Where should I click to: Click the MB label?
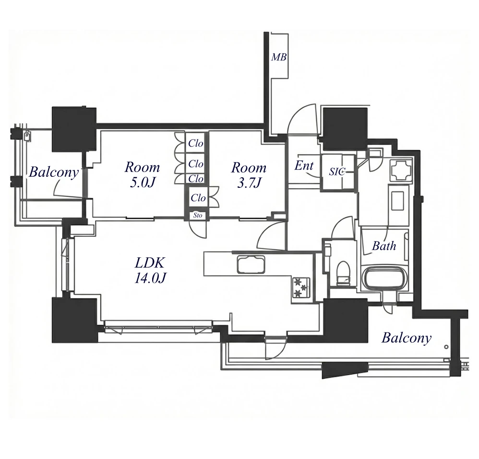(x=279, y=57)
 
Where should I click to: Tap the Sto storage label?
(x=198, y=215)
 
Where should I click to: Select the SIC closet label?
(x=337, y=172)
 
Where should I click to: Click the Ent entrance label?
(x=304, y=166)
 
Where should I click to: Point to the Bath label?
(x=384, y=245)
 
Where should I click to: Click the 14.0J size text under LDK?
(x=150, y=278)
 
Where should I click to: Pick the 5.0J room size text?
(x=143, y=183)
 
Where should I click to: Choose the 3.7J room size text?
(x=249, y=183)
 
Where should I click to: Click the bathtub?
(x=384, y=278)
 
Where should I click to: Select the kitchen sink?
(x=251, y=265)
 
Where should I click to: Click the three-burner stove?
(x=301, y=288)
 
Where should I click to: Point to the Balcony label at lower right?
(x=407, y=338)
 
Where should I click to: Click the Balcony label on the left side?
(x=54, y=172)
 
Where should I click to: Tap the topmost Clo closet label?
(x=195, y=143)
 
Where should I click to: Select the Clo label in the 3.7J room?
(x=198, y=198)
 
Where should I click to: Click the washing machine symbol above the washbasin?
(x=400, y=170)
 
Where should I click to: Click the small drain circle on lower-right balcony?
(x=446, y=347)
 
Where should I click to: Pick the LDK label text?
(x=150, y=263)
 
